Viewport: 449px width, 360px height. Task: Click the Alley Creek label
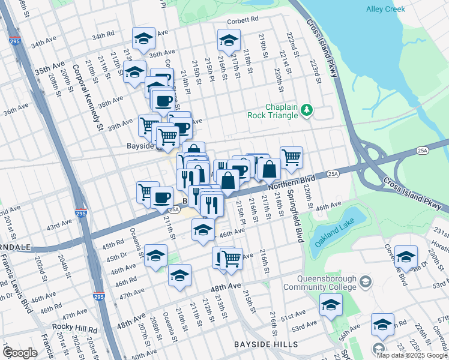(385, 9)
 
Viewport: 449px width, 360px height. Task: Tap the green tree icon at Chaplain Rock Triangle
(307, 109)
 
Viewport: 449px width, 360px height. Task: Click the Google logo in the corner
(19, 353)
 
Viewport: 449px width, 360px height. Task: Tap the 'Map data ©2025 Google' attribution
(412, 355)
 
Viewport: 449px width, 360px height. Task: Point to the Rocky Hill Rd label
(74, 329)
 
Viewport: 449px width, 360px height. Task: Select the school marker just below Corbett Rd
(228, 41)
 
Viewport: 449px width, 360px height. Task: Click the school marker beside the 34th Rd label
(143, 38)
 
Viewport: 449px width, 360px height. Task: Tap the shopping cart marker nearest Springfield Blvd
(291, 157)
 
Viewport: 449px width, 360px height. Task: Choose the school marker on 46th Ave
(203, 229)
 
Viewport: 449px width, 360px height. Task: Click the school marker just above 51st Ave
(330, 305)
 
